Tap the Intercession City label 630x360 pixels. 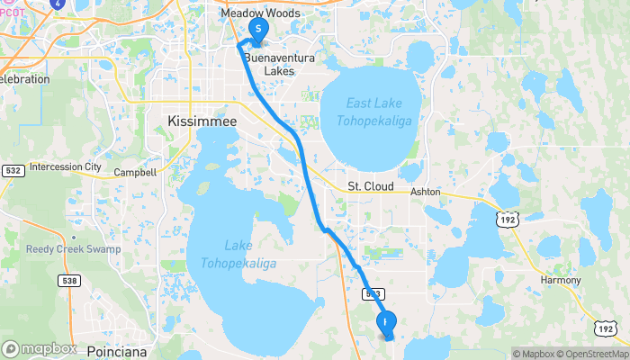pyautogui.click(x=66, y=166)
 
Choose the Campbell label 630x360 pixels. pyautogui.click(x=135, y=172)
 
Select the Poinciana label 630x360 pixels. pyautogui.click(x=118, y=352)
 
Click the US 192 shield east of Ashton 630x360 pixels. pyautogui.click(x=508, y=218)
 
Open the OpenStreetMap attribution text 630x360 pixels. pyautogui.click(x=591, y=354)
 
